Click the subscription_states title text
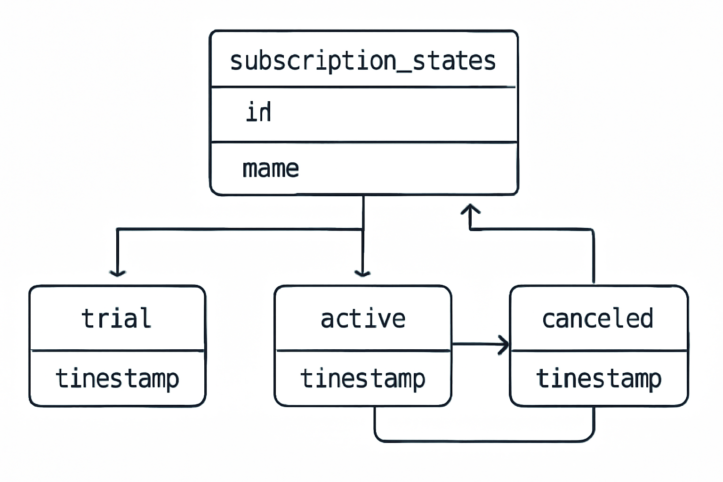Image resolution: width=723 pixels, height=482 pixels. point(363,61)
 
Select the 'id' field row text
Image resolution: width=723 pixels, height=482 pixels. point(258,112)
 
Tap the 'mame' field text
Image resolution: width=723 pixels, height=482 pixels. point(271,169)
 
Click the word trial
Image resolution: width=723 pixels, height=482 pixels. point(117,319)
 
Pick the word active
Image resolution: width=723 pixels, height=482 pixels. point(363,319)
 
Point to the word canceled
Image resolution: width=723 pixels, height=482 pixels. point(598,319)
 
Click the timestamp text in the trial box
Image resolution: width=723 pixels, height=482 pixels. point(117,378)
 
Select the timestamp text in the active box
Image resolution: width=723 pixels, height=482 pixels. point(363,378)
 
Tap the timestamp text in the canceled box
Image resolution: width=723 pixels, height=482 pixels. point(599,378)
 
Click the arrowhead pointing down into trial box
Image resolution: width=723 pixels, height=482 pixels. point(117,273)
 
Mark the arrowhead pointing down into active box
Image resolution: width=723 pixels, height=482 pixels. point(362,273)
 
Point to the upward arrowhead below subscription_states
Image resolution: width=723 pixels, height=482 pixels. point(470,209)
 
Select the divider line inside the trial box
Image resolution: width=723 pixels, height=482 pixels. point(117,350)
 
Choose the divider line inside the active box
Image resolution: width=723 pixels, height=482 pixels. point(363,350)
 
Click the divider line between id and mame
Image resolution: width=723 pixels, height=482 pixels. point(364,142)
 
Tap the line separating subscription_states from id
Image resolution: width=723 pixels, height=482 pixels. point(364,87)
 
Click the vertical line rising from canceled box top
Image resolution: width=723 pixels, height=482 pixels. point(593,257)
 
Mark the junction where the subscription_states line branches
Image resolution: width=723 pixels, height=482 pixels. point(363,229)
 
